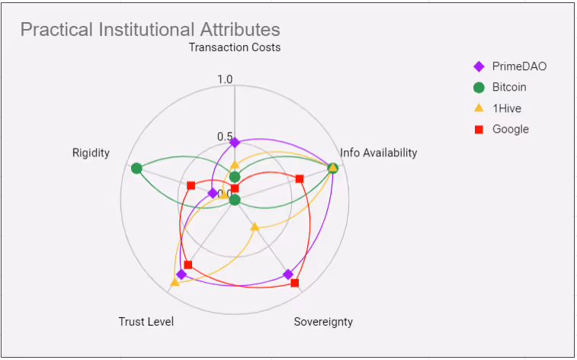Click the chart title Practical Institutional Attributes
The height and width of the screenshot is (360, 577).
tap(150, 30)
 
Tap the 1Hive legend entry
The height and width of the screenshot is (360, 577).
tap(507, 108)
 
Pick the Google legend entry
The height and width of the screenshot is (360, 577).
tap(510, 129)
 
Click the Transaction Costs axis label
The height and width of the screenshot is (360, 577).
tap(235, 47)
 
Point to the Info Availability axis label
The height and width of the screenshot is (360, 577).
tap(379, 153)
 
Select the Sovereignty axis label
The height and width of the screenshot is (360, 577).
tap(323, 321)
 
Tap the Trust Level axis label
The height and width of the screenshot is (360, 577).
tap(146, 321)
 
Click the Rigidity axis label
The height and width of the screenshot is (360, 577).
tap(91, 153)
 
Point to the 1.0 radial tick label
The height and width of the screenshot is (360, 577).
tap(225, 79)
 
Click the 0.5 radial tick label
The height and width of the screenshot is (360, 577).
tap(225, 137)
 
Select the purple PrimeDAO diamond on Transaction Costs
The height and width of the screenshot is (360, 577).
tap(235, 143)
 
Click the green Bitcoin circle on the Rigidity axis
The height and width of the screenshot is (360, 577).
tap(136, 168)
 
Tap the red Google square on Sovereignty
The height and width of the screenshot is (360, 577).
tap(295, 283)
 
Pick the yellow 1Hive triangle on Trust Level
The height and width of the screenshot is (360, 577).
tap(175, 282)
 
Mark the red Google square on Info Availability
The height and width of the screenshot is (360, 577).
tap(300, 178)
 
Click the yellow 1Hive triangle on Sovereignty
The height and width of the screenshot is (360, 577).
tap(255, 227)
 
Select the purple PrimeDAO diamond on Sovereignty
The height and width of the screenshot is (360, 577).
tap(288, 274)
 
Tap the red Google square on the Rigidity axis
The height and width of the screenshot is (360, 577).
tap(191, 185)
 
